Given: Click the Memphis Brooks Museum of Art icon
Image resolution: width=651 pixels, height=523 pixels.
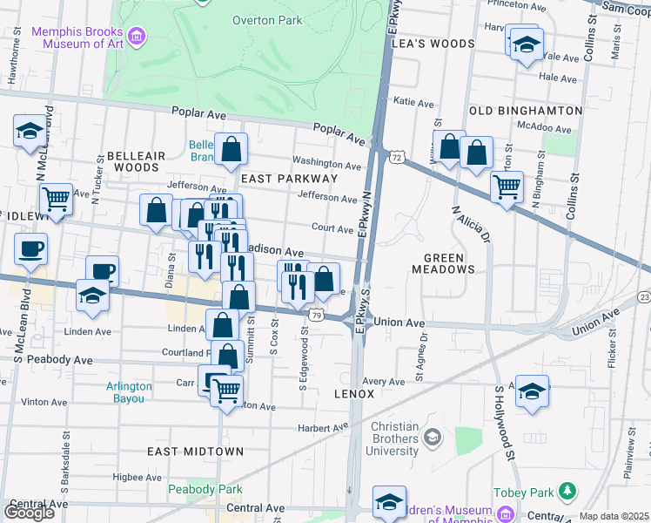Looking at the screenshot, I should [137, 37].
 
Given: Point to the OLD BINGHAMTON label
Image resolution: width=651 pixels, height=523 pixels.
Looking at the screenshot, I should [525, 111].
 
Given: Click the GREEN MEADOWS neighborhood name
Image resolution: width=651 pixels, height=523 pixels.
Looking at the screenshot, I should [449, 263].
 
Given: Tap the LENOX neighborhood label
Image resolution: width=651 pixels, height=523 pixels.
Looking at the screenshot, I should [354, 394].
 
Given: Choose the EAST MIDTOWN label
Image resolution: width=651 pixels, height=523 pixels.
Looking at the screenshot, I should [195, 451].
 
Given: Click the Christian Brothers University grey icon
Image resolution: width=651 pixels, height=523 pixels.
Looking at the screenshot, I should [431, 436].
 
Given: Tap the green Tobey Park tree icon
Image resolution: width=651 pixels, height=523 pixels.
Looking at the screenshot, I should [567, 492].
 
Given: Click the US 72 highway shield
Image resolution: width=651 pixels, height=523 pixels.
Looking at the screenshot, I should [396, 157].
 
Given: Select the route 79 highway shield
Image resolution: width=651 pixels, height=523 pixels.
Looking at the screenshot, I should [319, 311].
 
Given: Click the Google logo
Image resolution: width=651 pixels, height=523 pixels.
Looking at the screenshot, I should [28, 512].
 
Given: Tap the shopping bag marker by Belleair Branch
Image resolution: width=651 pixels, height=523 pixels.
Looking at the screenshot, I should [232, 149].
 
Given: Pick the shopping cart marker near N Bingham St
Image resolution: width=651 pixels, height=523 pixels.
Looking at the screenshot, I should [506, 186].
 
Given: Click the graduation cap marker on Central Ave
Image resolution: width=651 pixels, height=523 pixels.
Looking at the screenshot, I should [389, 501].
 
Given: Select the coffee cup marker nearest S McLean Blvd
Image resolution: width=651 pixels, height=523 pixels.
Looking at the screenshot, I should [30, 248].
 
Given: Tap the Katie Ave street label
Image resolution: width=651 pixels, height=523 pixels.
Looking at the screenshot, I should [413, 102].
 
